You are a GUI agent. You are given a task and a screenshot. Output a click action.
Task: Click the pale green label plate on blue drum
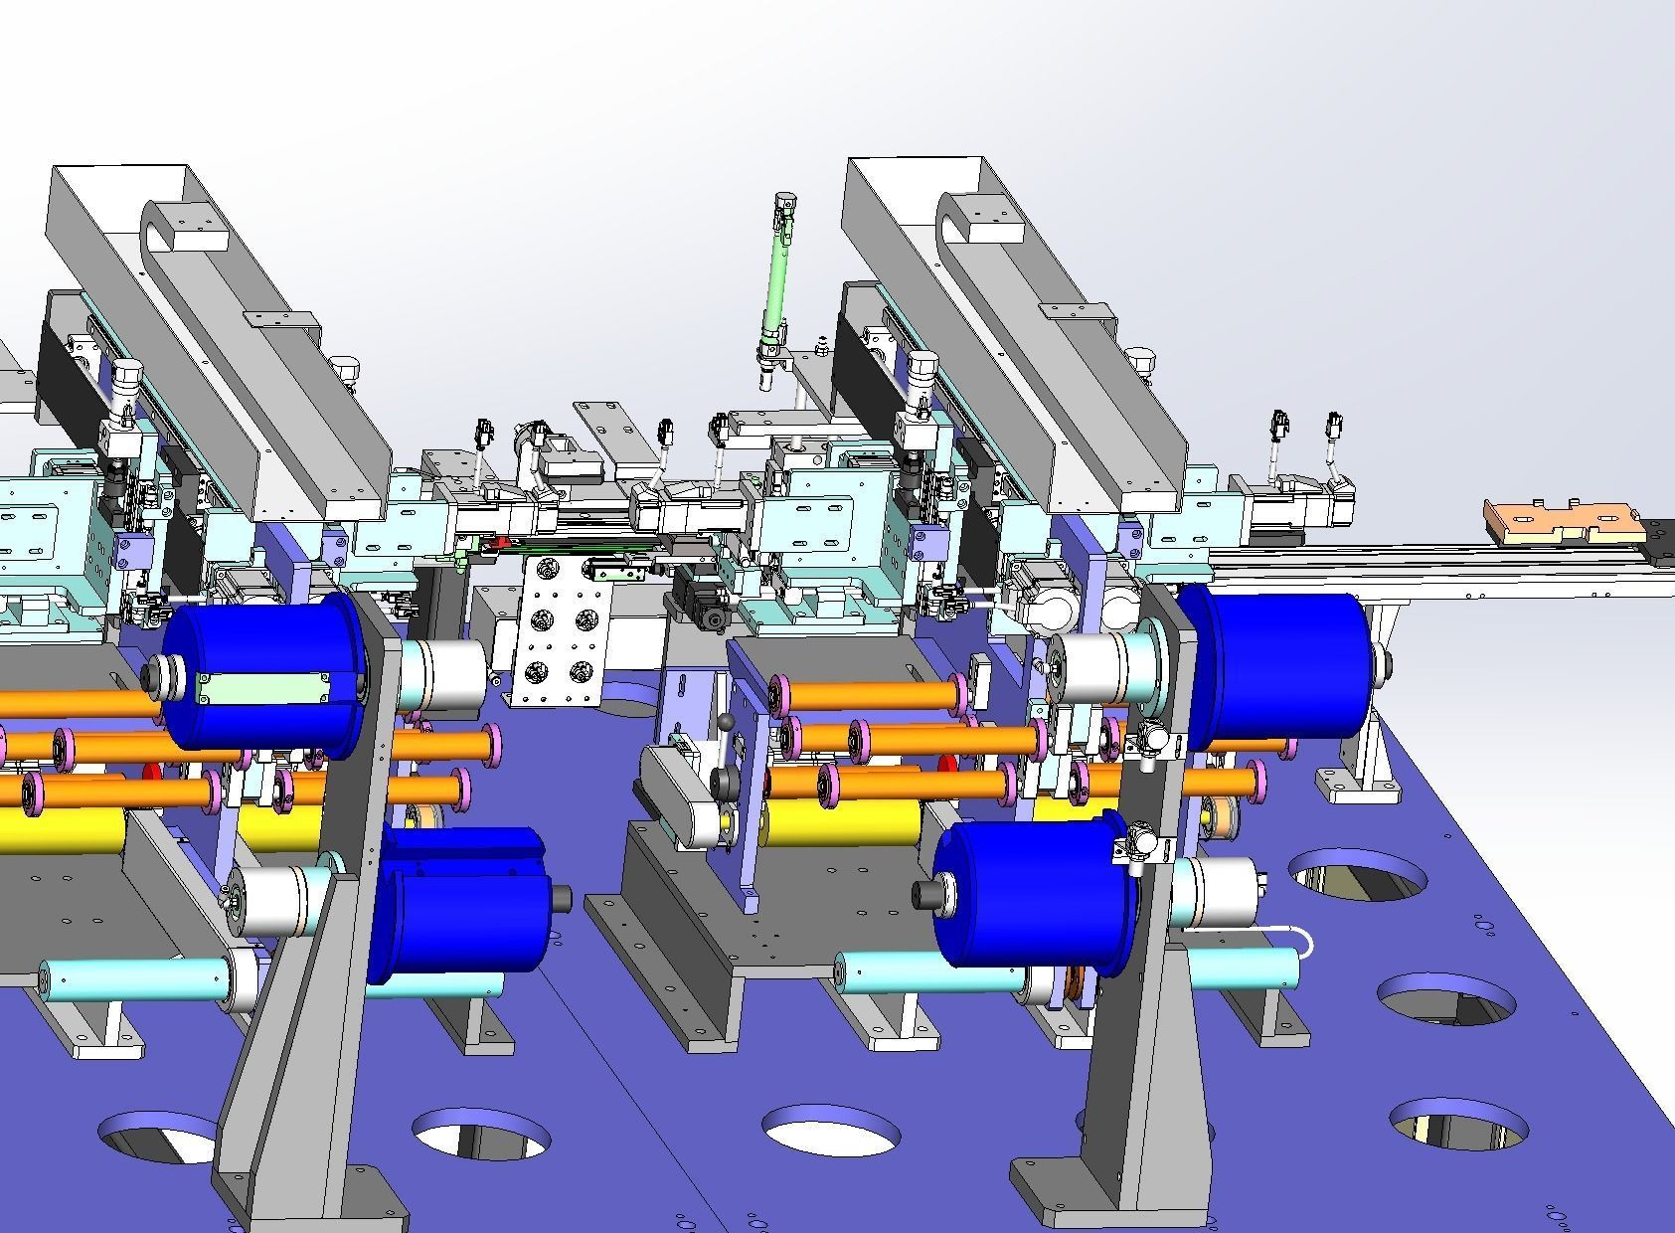click(264, 688)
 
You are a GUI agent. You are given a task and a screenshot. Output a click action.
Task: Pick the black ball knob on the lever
click(728, 722)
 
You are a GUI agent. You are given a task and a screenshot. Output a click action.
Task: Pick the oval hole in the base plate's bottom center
click(831, 1130)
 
